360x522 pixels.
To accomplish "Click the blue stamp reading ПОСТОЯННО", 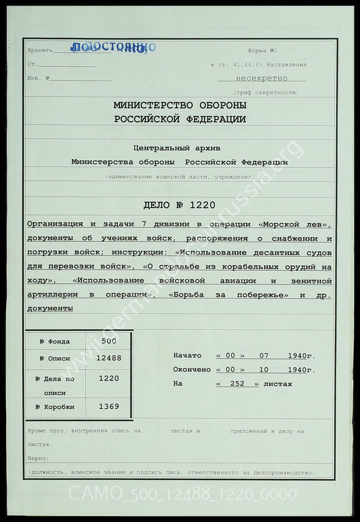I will tap(113, 48).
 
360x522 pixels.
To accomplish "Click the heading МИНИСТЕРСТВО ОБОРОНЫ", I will tap(180, 105).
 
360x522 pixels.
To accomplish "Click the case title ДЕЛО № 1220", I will tap(179, 206).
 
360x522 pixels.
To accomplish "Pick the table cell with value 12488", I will tap(108, 358).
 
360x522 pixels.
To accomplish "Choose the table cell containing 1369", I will tap(108, 407).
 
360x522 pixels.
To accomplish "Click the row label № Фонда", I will tap(55, 341).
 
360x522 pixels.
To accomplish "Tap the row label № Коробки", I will tap(55, 407).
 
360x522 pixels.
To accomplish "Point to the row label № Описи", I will tap(55, 358).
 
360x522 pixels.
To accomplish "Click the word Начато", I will tap(187, 356).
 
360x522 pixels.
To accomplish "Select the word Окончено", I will tap(192, 370).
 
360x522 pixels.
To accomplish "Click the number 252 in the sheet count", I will tap(237, 384).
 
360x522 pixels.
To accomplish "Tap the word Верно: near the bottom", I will tap(38, 458).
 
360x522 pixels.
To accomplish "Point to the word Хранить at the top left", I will tap(40, 50).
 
